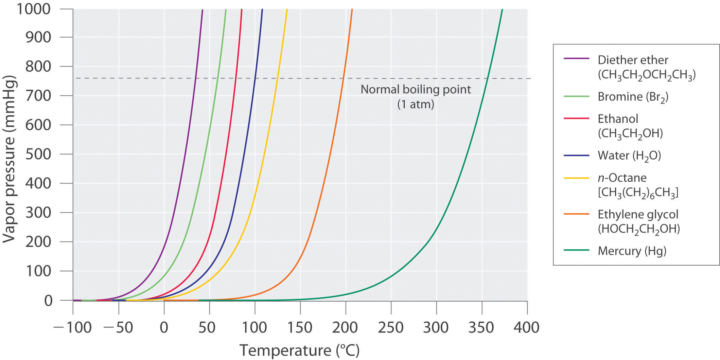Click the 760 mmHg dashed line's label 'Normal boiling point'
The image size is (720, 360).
[416, 90]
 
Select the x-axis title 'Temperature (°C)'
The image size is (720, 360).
[299, 350]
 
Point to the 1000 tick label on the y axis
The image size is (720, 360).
[34, 8]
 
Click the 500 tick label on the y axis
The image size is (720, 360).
[38, 154]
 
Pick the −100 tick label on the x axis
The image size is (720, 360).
[72, 328]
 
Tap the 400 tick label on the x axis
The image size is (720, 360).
[526, 328]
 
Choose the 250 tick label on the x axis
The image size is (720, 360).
[391, 328]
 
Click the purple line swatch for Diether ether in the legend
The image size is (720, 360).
[576, 59]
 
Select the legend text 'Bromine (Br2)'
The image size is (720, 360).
[633, 97]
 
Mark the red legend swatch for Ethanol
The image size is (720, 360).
[576, 118]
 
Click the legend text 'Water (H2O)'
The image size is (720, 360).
[629, 156]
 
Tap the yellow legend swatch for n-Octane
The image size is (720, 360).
[576, 178]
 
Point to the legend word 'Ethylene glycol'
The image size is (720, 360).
[638, 214]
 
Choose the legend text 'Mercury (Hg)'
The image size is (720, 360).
[632, 251]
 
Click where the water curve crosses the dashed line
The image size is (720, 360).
[255, 78]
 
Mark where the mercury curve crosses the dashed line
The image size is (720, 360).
[487, 78]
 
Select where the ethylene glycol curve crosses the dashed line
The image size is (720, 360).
[343, 78]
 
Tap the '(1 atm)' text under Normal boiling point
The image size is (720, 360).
[416, 104]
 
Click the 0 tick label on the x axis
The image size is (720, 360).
[164, 328]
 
